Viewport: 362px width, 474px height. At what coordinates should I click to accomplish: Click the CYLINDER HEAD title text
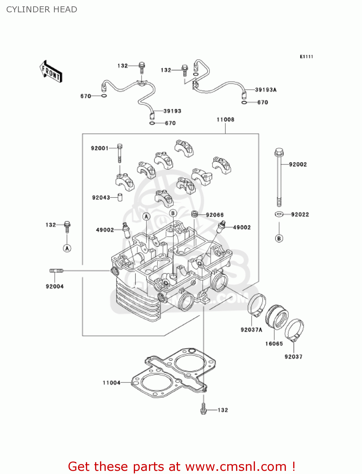pyautogui.click(x=42, y=9)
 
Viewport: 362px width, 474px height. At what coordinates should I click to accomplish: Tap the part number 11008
pyautogui.click(x=225, y=119)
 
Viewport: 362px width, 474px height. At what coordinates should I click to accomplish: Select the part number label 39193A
pyautogui.click(x=266, y=90)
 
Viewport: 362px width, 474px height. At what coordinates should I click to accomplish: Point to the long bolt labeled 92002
pyautogui.click(x=279, y=177)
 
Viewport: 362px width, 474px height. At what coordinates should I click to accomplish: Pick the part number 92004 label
pyautogui.click(x=55, y=286)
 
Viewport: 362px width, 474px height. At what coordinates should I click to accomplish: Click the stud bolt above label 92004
pyautogui.click(x=56, y=270)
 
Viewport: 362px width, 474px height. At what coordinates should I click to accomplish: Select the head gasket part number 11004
pyautogui.click(x=111, y=383)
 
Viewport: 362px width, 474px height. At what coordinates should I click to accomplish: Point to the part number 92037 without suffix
pyautogui.click(x=293, y=357)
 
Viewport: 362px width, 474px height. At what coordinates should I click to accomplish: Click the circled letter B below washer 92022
pyautogui.click(x=279, y=238)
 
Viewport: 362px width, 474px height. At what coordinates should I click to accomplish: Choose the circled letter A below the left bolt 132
pyautogui.click(x=67, y=248)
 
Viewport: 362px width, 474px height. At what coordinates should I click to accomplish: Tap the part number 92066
pyautogui.click(x=215, y=215)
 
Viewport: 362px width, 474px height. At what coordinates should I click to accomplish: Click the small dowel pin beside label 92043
pyautogui.click(x=120, y=197)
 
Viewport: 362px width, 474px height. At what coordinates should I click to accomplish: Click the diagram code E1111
pyautogui.click(x=306, y=57)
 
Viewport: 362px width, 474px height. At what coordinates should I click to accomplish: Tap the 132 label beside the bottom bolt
pyautogui.click(x=223, y=410)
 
